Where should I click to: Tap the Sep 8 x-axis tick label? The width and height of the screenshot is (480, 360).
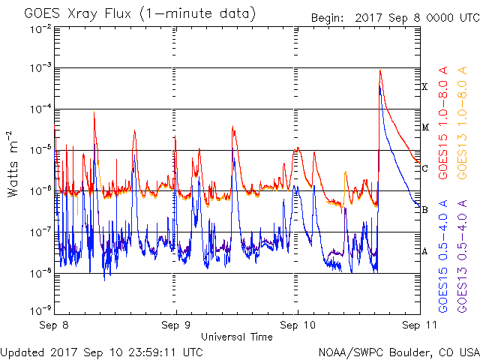point(56,325)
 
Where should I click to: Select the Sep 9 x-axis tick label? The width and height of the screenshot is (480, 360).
point(176,325)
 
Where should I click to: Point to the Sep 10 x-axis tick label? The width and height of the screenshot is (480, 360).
point(297,325)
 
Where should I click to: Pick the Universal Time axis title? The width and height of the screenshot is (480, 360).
point(237,337)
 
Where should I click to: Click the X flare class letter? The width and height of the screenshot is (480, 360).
point(424,87)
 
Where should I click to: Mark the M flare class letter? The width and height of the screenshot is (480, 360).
point(424,127)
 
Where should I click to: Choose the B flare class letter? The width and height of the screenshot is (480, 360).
point(424,210)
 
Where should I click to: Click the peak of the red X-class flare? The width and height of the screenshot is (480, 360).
point(380,70)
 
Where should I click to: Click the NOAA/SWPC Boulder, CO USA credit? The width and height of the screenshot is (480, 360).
point(398,351)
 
